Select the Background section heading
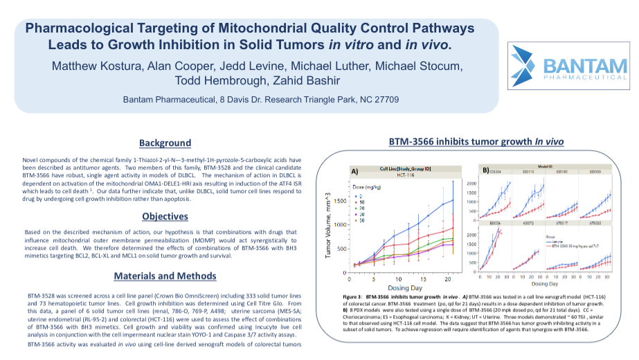[x=165, y=143]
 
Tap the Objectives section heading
[x=165, y=217]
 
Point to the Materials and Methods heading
[x=165, y=276]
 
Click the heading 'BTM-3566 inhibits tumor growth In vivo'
[x=476, y=142]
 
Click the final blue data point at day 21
[x=452, y=200]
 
